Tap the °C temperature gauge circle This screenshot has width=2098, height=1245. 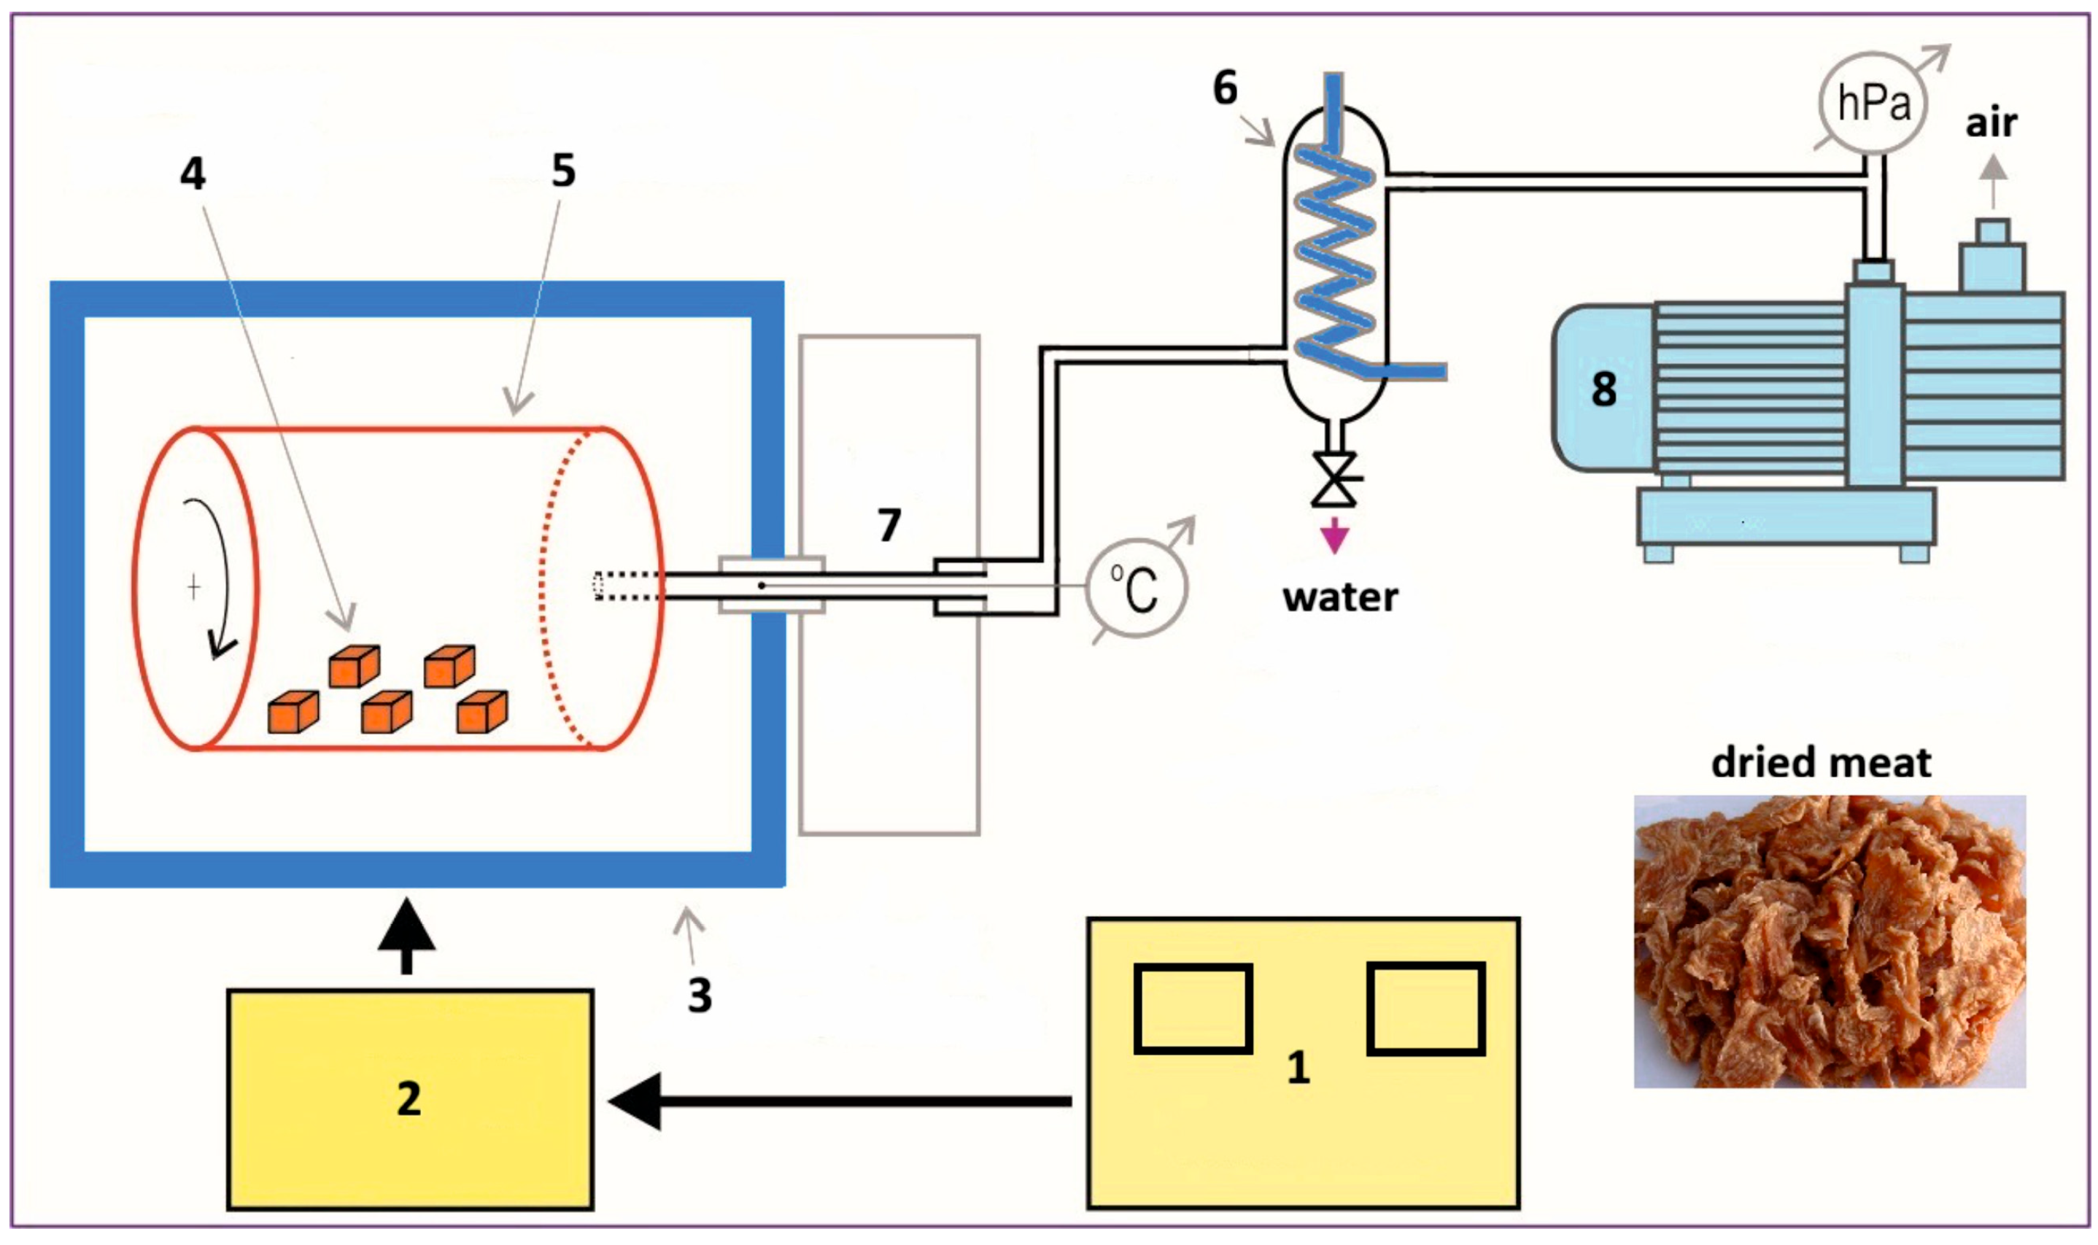1136,588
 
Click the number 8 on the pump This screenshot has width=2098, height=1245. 1603,389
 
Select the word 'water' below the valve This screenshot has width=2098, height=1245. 1339,597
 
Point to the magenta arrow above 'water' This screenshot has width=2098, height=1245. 1333,535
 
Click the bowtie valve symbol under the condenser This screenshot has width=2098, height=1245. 1333,480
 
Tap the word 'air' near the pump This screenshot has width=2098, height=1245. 1991,123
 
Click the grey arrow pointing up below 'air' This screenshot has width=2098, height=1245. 1994,181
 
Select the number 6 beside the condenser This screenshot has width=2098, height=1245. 1225,88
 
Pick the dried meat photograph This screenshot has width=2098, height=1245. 1829,942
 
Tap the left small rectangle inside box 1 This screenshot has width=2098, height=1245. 1192,1009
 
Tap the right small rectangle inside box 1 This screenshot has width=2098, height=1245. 1425,1009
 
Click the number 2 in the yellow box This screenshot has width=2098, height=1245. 409,1098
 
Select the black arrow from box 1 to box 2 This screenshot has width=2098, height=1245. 839,1101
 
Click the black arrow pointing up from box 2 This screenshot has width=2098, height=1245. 406,936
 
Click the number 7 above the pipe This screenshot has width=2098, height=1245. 889,525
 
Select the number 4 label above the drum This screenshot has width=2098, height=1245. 193,174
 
